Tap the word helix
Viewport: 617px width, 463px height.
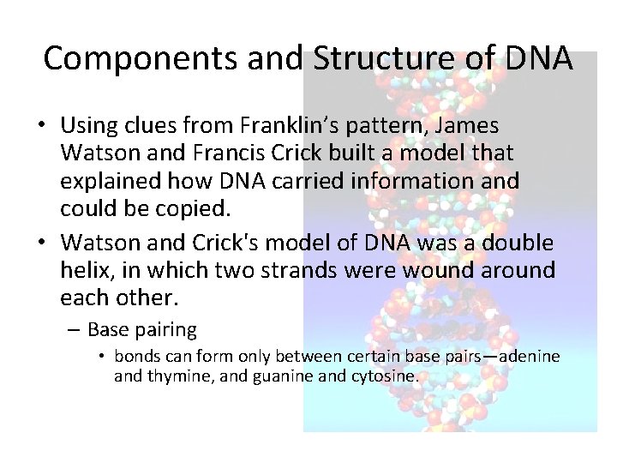pyautogui.click(x=85, y=271)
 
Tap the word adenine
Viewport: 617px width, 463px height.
pyautogui.click(x=524, y=356)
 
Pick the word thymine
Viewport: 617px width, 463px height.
pyautogui.click(x=177, y=375)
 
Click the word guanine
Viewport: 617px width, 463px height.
pyautogui.click(x=279, y=375)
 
